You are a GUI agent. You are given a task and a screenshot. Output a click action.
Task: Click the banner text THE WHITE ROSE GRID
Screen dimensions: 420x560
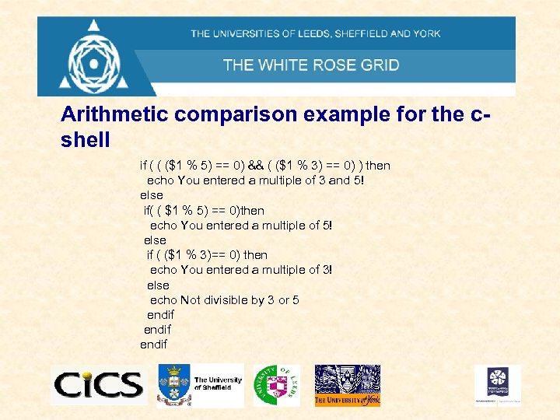click(311, 65)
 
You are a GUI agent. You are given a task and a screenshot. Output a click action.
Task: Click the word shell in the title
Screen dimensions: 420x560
click(86, 140)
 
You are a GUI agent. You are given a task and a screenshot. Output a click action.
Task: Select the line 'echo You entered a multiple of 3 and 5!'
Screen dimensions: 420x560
click(255, 180)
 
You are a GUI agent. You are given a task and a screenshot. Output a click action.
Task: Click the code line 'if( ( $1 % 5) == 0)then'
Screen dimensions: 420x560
click(204, 210)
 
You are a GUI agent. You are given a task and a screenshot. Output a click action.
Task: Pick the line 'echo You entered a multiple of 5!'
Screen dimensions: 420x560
click(241, 226)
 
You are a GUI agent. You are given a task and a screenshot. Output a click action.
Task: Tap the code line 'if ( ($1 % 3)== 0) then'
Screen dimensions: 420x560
click(207, 255)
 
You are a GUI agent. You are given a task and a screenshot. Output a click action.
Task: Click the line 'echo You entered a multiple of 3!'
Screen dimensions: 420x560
click(241, 270)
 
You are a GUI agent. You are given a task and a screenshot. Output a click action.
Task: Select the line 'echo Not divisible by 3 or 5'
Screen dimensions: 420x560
click(224, 300)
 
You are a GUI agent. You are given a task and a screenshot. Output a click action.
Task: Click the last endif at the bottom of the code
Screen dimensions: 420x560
click(153, 345)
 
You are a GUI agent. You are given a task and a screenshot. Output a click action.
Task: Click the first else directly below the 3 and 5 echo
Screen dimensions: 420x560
click(151, 195)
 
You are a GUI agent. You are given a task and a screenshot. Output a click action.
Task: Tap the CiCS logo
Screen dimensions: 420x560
click(98, 384)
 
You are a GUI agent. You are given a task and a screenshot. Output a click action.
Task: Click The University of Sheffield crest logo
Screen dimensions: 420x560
click(200, 384)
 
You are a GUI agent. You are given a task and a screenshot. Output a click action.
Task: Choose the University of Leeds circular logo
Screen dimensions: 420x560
click(276, 384)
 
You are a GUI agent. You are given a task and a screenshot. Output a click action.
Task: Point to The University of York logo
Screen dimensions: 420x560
click(347, 385)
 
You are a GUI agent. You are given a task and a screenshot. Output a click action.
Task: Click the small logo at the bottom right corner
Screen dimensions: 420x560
click(498, 384)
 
